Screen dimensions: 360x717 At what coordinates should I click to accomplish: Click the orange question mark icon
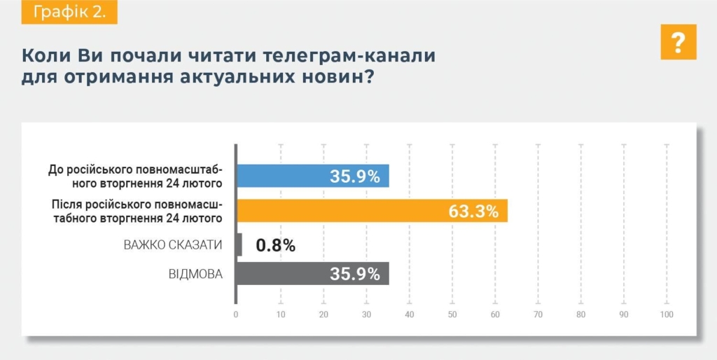tap(678, 42)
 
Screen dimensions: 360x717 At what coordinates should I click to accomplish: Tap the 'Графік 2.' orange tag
tap(69, 13)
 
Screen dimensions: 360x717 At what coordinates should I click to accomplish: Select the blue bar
tap(312, 176)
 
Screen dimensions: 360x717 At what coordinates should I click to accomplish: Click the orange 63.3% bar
tap(371, 211)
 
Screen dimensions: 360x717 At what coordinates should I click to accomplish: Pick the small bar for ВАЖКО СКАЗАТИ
tap(239, 244)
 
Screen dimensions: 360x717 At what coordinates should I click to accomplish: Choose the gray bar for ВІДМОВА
tap(312, 273)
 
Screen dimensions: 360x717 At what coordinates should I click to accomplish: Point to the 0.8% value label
tap(275, 245)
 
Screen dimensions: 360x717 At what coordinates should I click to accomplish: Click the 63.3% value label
tap(473, 211)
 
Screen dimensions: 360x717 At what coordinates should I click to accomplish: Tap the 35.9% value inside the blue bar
tap(355, 176)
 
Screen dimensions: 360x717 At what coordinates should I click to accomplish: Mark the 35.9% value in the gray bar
tap(355, 273)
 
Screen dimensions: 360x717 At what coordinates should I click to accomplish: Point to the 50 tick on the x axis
tap(452, 314)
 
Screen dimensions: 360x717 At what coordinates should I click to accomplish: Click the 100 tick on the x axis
tap(666, 314)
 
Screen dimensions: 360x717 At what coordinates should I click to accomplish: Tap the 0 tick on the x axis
tap(236, 314)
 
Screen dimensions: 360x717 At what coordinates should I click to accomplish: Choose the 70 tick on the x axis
tap(538, 314)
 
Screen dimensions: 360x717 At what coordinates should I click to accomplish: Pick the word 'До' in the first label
tap(55, 169)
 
